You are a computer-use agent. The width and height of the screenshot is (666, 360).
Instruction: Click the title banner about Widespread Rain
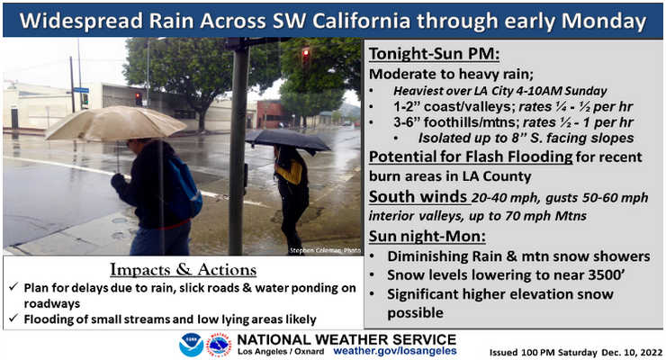tap(332, 19)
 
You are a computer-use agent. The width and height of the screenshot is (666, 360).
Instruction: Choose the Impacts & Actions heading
tap(183, 270)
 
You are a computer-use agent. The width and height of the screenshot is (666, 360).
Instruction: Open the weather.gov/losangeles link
tap(394, 350)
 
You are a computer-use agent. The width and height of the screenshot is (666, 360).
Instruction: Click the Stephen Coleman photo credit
tap(323, 250)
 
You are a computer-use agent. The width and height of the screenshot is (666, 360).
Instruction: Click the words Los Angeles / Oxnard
tap(280, 350)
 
